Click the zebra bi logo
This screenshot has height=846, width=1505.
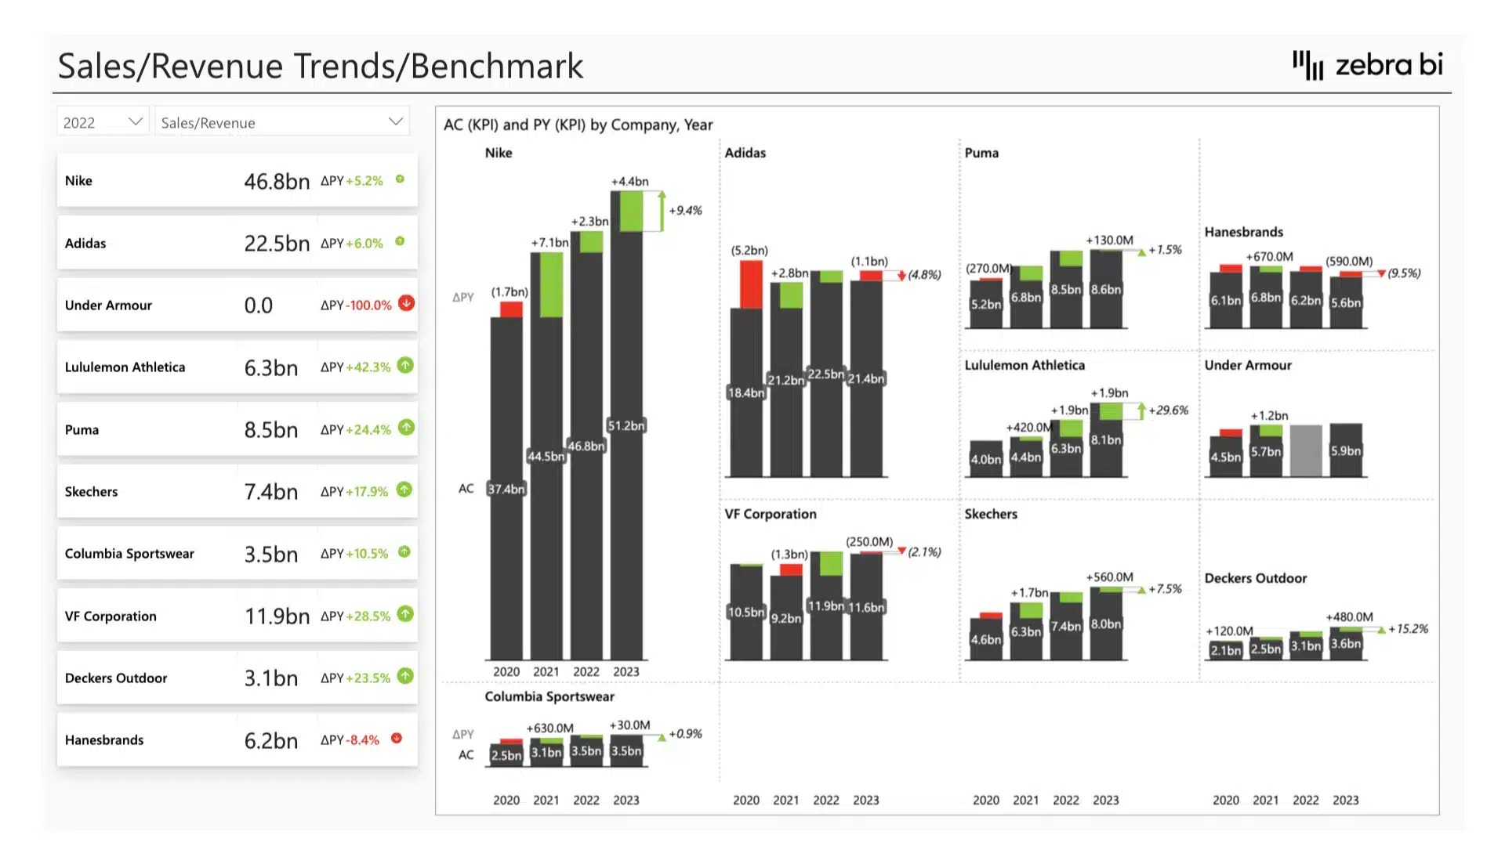[x=1367, y=65]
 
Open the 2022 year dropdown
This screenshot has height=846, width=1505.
[x=103, y=122]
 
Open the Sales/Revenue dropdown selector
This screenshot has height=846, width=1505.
[x=282, y=122]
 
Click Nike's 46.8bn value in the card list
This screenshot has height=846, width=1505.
[x=277, y=181]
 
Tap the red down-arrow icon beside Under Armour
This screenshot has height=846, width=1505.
[x=406, y=303]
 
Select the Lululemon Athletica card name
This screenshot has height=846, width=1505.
[x=125, y=367]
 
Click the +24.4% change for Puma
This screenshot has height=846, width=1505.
[x=368, y=429]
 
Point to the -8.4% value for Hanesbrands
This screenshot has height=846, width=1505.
[x=364, y=739]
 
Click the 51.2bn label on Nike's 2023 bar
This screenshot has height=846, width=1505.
[x=626, y=425]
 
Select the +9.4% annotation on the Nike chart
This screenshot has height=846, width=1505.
[x=685, y=210]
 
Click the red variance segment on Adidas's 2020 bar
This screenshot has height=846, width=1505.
[x=750, y=284]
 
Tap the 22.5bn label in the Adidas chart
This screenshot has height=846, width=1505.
[x=825, y=374]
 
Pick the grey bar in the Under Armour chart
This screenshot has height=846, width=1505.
[x=1305, y=450]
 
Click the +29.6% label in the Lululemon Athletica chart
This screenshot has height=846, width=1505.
[x=1168, y=410]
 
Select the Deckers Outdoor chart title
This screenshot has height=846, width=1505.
[x=1255, y=578]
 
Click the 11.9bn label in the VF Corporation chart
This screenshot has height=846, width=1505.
[x=825, y=606]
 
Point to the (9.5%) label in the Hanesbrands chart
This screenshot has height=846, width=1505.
[x=1404, y=273]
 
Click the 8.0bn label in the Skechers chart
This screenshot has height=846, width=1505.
[x=1105, y=624]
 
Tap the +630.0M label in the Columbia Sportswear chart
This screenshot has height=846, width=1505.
[x=549, y=728]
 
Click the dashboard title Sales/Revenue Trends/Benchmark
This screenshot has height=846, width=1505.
[x=320, y=66]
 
